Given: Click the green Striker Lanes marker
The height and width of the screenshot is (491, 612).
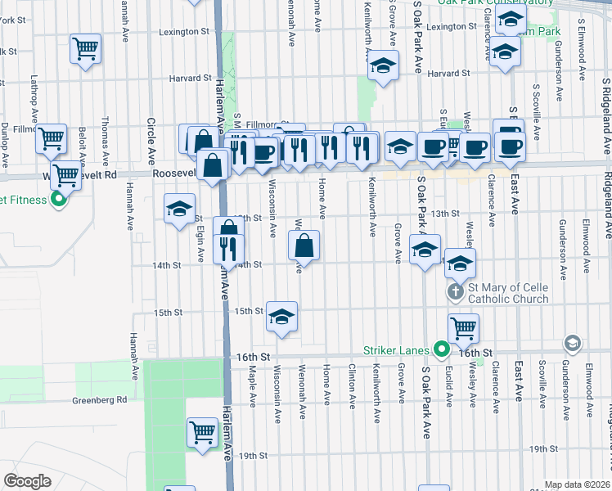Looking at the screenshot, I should [x=443, y=350].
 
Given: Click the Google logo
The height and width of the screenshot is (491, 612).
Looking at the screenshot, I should [x=27, y=481].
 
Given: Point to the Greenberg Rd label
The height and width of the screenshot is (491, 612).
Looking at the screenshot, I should [x=100, y=400].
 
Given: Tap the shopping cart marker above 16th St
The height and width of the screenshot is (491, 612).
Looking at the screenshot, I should [x=463, y=327].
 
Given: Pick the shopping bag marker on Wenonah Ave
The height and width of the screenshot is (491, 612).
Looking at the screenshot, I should [x=304, y=245].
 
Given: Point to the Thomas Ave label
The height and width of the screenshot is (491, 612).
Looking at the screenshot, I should [x=106, y=135].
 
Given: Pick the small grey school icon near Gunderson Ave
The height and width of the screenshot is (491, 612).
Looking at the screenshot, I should [x=573, y=342].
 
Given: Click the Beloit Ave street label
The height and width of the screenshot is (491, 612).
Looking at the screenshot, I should [x=83, y=145].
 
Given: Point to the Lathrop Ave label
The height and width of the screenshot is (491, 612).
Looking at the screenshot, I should [x=34, y=96].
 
